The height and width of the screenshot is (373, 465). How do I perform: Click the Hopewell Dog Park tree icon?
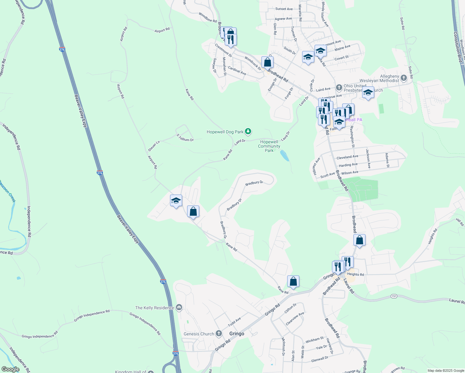coord(248,132)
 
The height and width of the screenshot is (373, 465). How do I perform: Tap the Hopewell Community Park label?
coord(269,146)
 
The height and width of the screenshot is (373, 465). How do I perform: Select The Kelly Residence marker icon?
coord(179,308)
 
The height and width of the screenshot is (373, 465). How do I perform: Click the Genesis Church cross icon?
coord(219,334)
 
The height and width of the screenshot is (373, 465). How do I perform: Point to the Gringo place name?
coord(237,334)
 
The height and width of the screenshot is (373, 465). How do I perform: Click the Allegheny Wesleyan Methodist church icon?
coord(404,78)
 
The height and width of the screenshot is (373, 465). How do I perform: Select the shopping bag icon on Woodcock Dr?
coord(267,62)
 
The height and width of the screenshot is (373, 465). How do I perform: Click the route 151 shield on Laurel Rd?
coord(394,296)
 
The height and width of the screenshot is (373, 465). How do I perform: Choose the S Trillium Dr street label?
coord(185,138)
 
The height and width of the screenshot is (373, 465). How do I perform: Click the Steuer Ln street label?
coord(154,146)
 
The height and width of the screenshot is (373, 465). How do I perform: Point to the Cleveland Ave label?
coord(347,157)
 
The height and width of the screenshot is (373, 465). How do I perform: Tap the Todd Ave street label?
coord(234,322)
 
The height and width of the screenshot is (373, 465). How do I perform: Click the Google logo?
coord(10,369)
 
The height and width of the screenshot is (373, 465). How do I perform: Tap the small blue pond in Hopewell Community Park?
coord(284,155)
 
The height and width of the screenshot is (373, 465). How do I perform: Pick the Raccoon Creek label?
coord(7,191)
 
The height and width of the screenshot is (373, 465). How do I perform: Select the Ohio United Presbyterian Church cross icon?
coord(339,87)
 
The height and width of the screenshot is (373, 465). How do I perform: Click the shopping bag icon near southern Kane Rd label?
coord(293,282)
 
